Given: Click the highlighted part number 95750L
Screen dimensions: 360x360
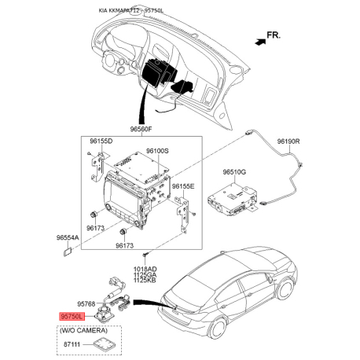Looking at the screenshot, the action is tap(72, 317).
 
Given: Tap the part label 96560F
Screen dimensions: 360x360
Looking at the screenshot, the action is tap(141, 129).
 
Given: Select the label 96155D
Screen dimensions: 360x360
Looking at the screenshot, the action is tap(101, 141).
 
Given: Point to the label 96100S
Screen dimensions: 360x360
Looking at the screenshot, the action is tap(157, 151).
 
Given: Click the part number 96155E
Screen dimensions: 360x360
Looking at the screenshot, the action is tap(183, 186).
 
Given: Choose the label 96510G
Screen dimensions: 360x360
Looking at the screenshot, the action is tap(234, 172).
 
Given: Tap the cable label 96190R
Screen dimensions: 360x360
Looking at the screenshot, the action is tap(288, 141).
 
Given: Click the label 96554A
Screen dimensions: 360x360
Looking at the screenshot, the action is tap(68, 237).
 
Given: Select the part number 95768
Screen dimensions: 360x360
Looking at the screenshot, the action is tap(86, 304).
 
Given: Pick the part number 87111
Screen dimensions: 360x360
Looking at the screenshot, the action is tap(72, 344).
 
